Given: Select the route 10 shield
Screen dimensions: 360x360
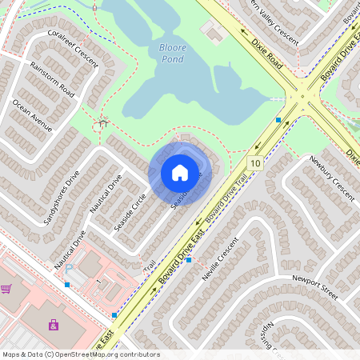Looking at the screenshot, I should coord(255,163).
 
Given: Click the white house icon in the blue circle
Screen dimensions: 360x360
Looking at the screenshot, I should coord(180,173).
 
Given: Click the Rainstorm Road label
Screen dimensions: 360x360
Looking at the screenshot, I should coord(52,81).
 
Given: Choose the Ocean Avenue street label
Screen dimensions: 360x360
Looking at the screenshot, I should coord(32,115).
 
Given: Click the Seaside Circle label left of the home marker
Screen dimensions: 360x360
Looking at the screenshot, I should coord(130,210).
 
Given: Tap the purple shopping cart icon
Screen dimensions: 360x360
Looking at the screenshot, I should coord(6,289).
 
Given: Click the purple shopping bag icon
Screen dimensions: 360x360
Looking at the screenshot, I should coord(54,324).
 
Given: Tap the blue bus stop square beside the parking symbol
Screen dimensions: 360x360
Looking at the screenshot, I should coord(67,284).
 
